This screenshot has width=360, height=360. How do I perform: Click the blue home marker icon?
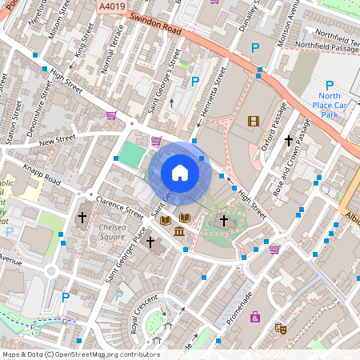pos(180,173)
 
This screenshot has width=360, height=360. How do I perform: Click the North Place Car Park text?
pos(329,106)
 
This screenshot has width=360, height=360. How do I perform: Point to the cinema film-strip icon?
pos(254,121)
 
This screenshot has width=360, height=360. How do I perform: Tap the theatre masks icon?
pos(281,327)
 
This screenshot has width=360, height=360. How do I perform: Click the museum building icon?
pos(178,232)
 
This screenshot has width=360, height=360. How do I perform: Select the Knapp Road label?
pos(42,175)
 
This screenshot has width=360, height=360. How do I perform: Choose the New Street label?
pos(56,141)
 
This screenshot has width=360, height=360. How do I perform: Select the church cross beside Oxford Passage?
pos(289,141)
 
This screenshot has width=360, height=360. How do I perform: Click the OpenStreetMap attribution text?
pos(80,354)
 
